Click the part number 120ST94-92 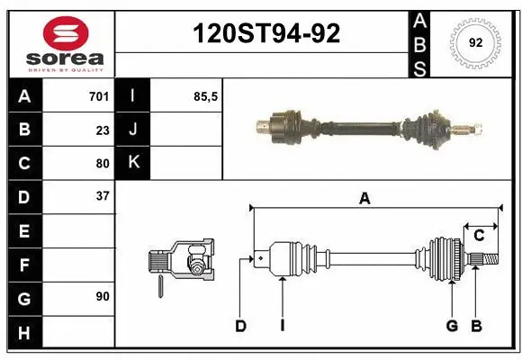tap(267, 33)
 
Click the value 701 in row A tap(99, 96)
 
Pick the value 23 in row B tap(103, 130)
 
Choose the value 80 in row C tap(103, 164)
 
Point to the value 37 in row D tap(103, 196)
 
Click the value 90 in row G tap(102, 296)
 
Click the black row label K tap(134, 163)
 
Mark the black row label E tap(23, 231)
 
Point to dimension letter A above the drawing tap(364, 199)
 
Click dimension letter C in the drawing tap(479, 236)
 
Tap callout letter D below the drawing tap(240, 326)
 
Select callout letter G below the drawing tap(452, 326)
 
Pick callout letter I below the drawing tap(282, 326)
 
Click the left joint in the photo tap(283, 125)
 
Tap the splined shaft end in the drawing tap(483, 260)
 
